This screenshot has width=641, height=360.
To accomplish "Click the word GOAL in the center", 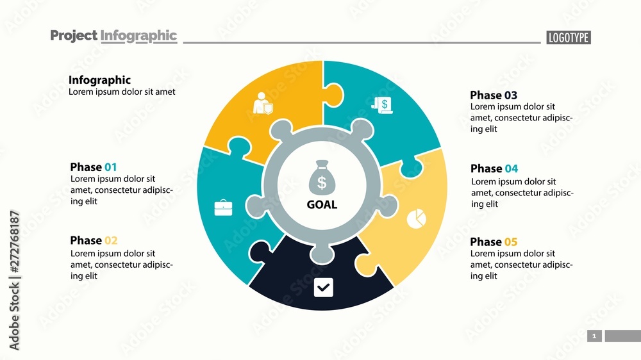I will pyautogui.click(x=322, y=205).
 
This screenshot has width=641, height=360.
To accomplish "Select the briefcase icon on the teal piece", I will pyautogui.click(x=223, y=208).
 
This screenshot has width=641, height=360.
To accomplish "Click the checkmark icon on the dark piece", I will pyautogui.click(x=323, y=288).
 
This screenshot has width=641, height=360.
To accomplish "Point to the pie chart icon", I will pyautogui.click(x=417, y=218).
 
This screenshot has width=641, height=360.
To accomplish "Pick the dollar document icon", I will pyautogui.click(x=381, y=105).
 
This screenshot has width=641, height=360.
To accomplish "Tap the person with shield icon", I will pyautogui.click(x=263, y=104).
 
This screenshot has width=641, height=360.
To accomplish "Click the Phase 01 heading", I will pyautogui.click(x=94, y=167).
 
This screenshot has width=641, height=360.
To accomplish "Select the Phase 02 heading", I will pyautogui.click(x=94, y=240).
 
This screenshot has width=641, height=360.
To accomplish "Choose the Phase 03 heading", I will pyautogui.click(x=494, y=95).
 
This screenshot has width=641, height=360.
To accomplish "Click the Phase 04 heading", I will pyautogui.click(x=494, y=168).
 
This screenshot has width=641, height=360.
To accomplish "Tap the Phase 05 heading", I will pyautogui.click(x=494, y=241).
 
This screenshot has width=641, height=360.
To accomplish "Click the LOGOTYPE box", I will pyautogui.click(x=569, y=38).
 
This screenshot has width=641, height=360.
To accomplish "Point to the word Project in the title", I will pyautogui.click(x=74, y=36).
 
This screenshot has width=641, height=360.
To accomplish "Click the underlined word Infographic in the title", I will pyautogui.click(x=138, y=36).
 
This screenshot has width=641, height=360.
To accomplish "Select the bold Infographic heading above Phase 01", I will pyautogui.click(x=99, y=80).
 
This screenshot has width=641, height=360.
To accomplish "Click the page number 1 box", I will pyautogui.click(x=594, y=336).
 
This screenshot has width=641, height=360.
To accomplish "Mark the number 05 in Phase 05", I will pyautogui.click(x=511, y=241).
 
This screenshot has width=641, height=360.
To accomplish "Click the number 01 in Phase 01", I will pyautogui.click(x=111, y=167).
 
